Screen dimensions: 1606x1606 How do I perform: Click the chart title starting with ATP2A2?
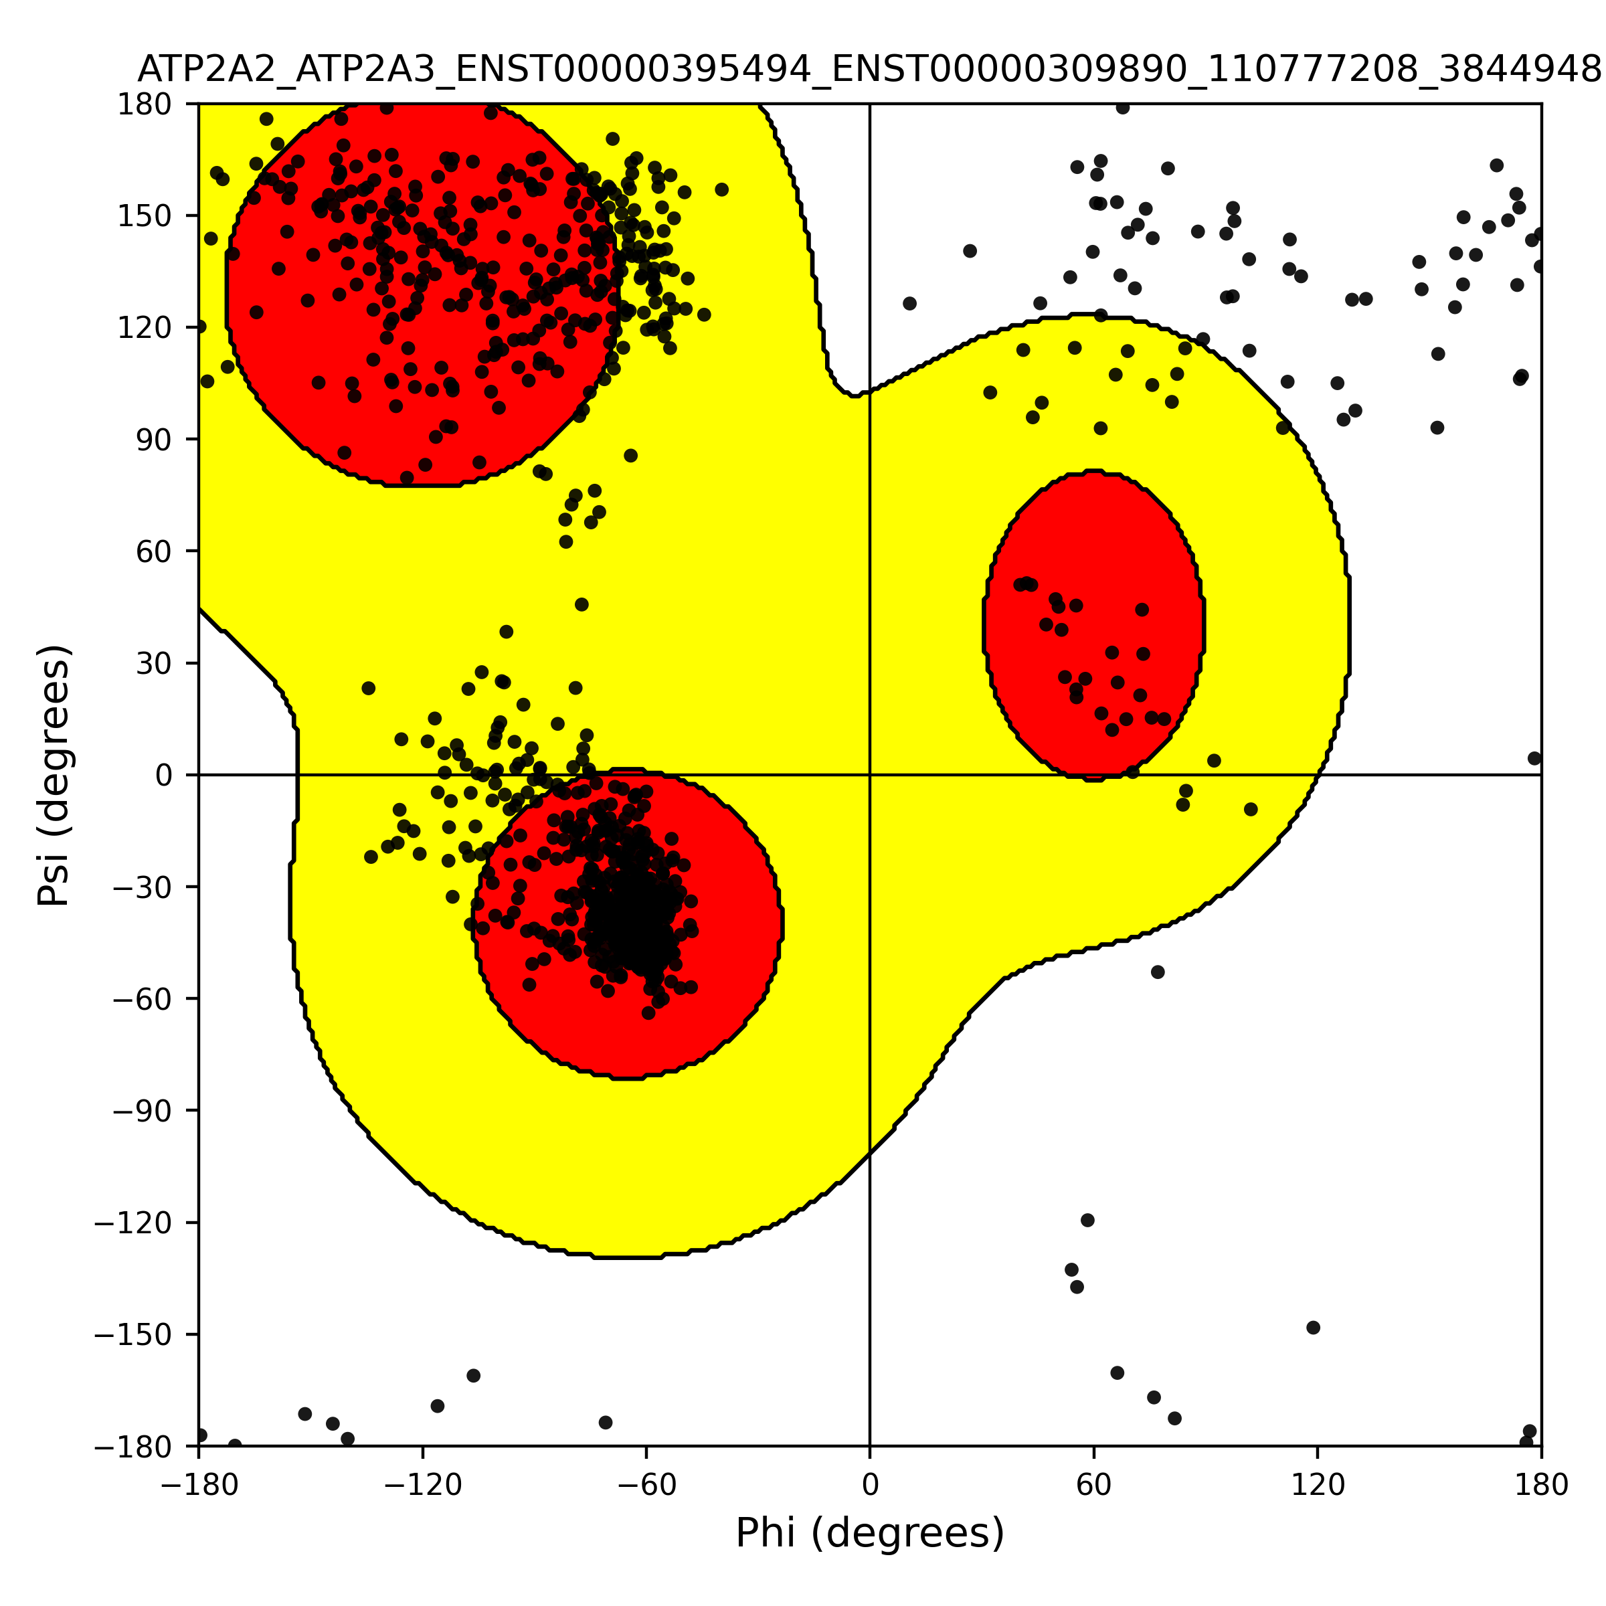click(869, 70)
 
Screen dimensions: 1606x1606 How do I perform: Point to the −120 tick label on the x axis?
click(422, 1485)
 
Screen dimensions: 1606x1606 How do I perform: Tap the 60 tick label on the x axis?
click(1094, 1485)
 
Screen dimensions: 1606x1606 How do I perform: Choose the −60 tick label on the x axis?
click(646, 1485)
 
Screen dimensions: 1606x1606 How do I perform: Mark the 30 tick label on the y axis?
click(154, 663)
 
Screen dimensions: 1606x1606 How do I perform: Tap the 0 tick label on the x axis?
click(869, 1485)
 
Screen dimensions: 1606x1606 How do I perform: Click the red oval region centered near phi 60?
click(1094, 625)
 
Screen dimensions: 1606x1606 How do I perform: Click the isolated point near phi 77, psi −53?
click(1158, 972)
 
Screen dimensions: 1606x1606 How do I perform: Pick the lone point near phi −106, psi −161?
click(473, 1376)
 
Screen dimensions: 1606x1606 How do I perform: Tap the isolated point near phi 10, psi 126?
click(909, 303)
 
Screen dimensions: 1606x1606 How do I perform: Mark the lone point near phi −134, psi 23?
click(368, 689)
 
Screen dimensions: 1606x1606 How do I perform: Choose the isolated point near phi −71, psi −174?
click(605, 1422)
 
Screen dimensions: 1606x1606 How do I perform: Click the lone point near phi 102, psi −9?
click(1250, 809)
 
